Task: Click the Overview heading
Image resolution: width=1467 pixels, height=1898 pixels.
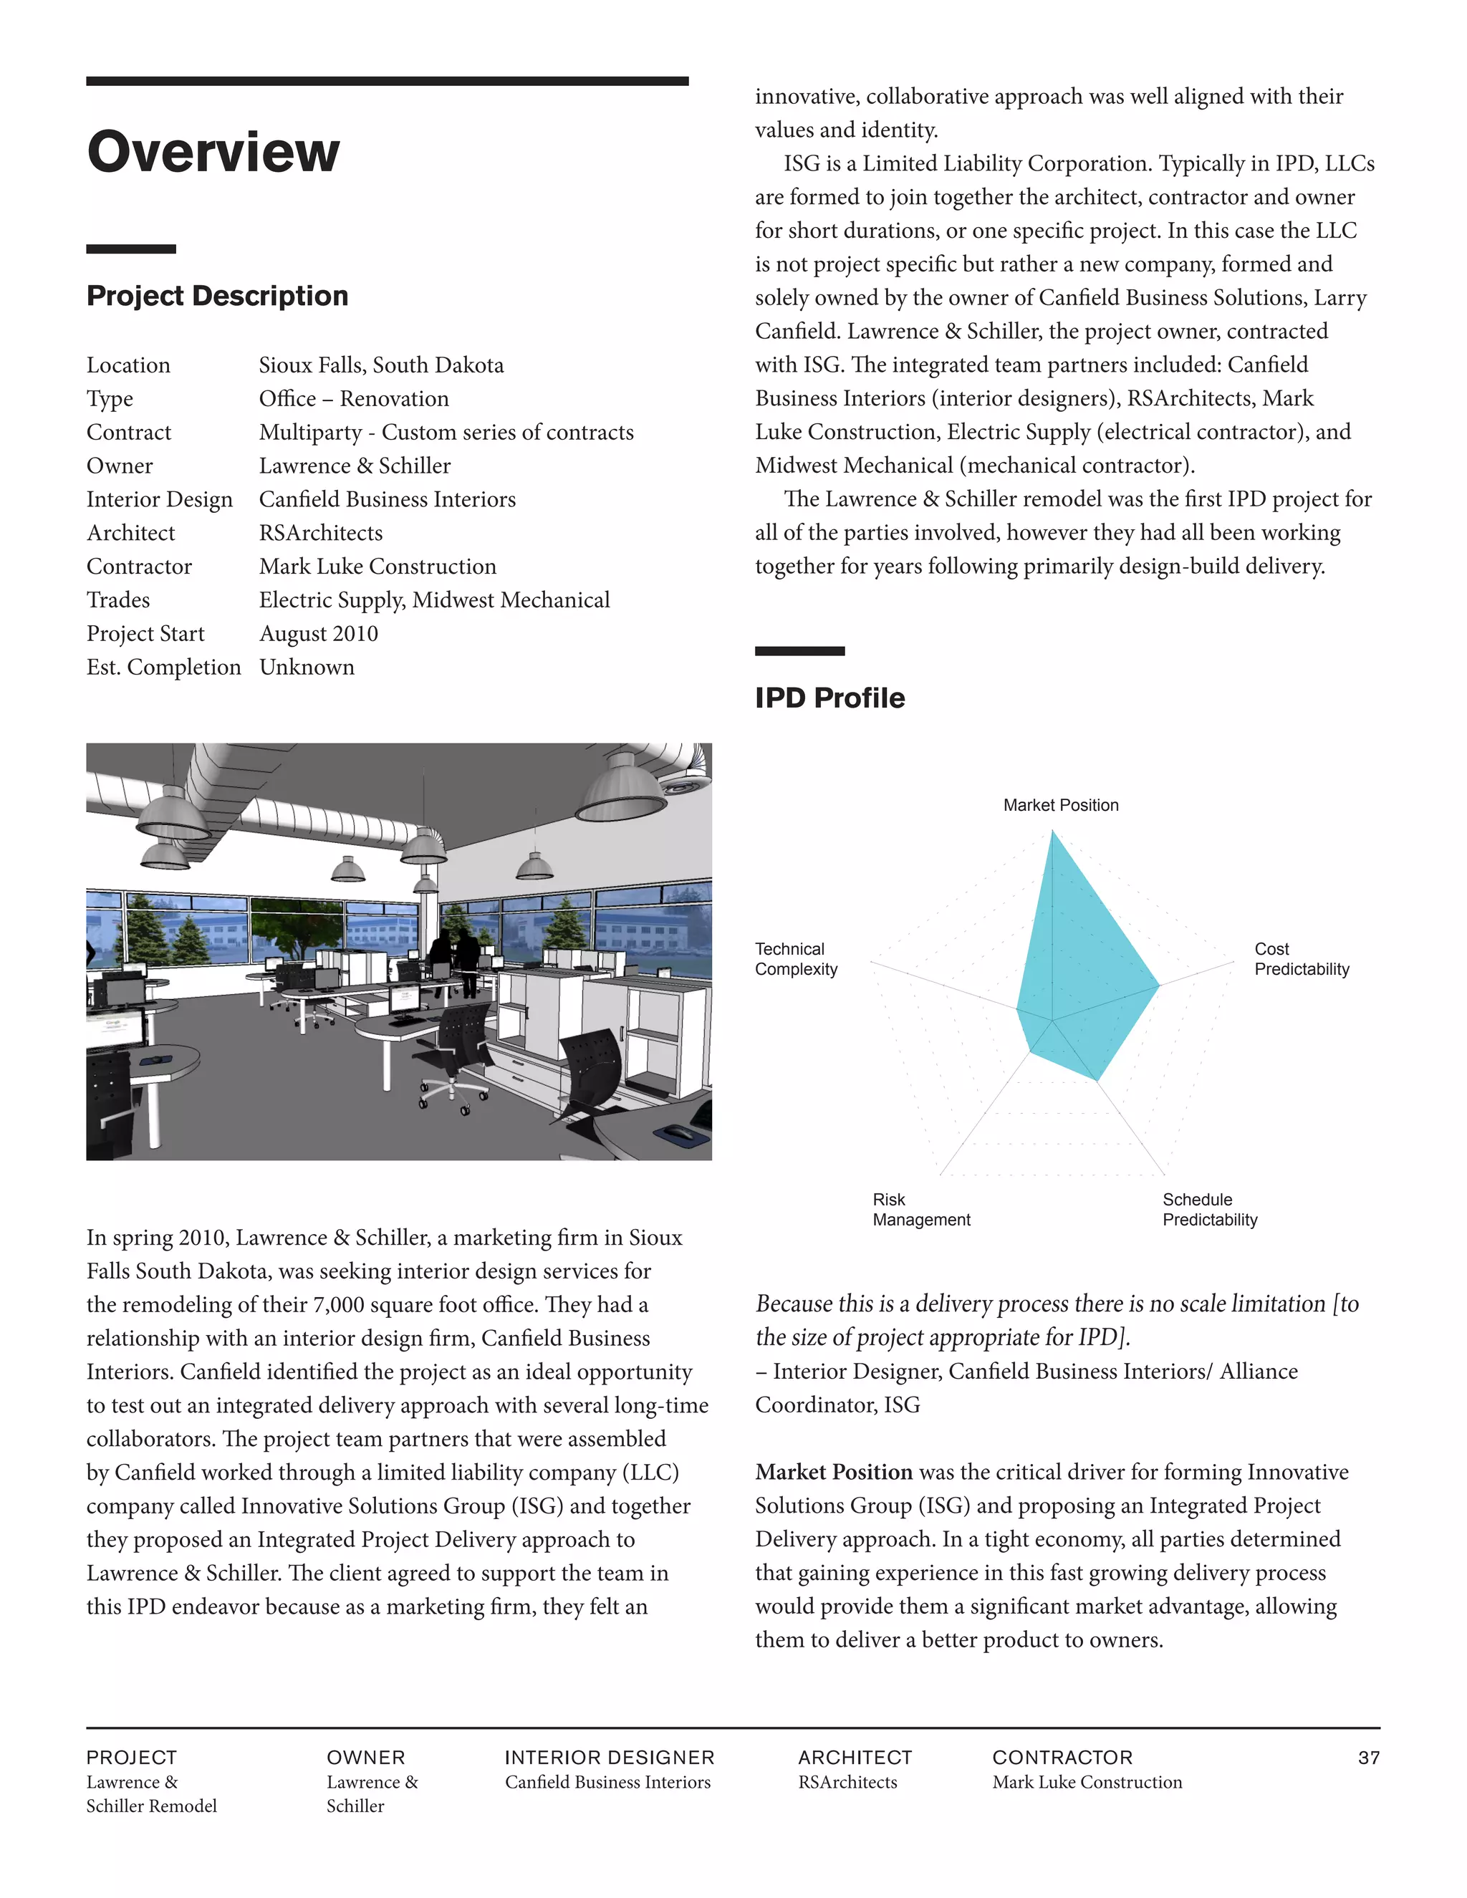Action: tap(213, 152)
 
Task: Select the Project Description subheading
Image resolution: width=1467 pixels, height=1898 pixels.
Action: tap(217, 297)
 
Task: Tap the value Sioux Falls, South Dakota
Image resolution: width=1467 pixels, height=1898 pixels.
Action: tap(380, 365)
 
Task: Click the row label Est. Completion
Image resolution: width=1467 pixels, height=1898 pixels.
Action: tap(163, 668)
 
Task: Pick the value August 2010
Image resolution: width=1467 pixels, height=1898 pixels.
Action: tap(318, 634)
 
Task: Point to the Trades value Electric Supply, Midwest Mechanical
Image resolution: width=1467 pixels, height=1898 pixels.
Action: tap(433, 600)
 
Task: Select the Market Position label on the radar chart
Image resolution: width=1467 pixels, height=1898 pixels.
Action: tap(1060, 806)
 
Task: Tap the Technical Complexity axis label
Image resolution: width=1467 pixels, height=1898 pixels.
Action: tap(795, 960)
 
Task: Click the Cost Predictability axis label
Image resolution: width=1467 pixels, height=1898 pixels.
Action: tap(1301, 960)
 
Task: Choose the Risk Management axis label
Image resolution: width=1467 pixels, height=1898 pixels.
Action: tap(920, 1210)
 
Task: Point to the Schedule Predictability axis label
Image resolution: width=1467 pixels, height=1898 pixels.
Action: tap(1209, 1210)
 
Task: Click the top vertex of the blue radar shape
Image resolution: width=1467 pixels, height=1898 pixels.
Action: tap(1052, 832)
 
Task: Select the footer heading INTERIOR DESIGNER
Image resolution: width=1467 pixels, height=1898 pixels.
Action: tap(610, 1757)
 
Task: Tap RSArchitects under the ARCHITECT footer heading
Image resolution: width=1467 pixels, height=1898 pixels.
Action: tap(847, 1783)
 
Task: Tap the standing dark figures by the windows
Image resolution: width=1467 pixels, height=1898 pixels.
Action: tap(456, 956)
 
